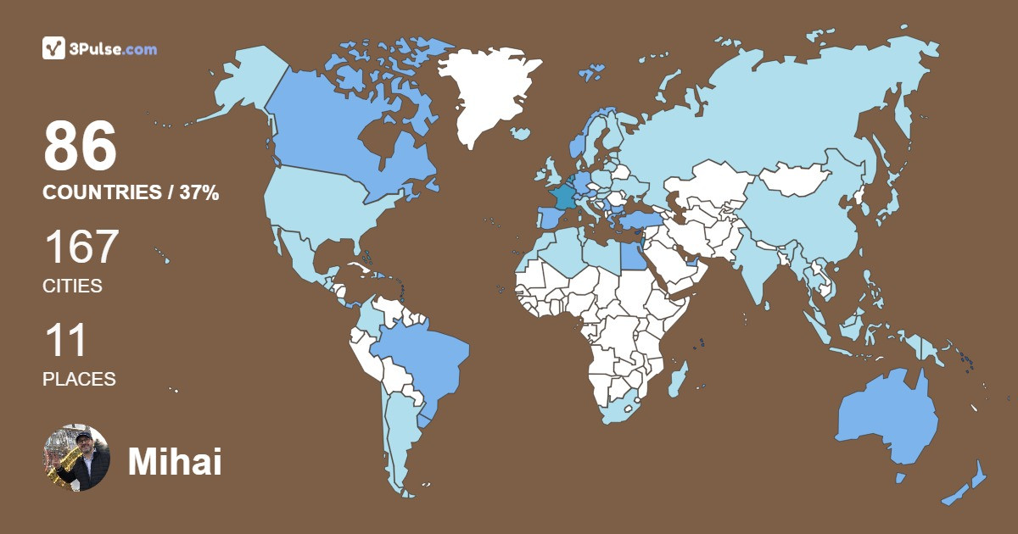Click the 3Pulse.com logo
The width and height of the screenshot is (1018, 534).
99,48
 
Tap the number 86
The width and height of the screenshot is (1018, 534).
80,146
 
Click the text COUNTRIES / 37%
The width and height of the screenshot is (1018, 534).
131,192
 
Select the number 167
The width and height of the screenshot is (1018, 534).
81,247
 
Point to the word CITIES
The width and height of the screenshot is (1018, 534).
72,286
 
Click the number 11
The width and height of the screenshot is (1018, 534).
64,340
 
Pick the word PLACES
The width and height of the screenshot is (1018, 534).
79,379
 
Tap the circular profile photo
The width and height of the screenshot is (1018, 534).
76,458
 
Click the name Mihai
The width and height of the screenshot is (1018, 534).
175,461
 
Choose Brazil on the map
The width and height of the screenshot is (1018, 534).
420,356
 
